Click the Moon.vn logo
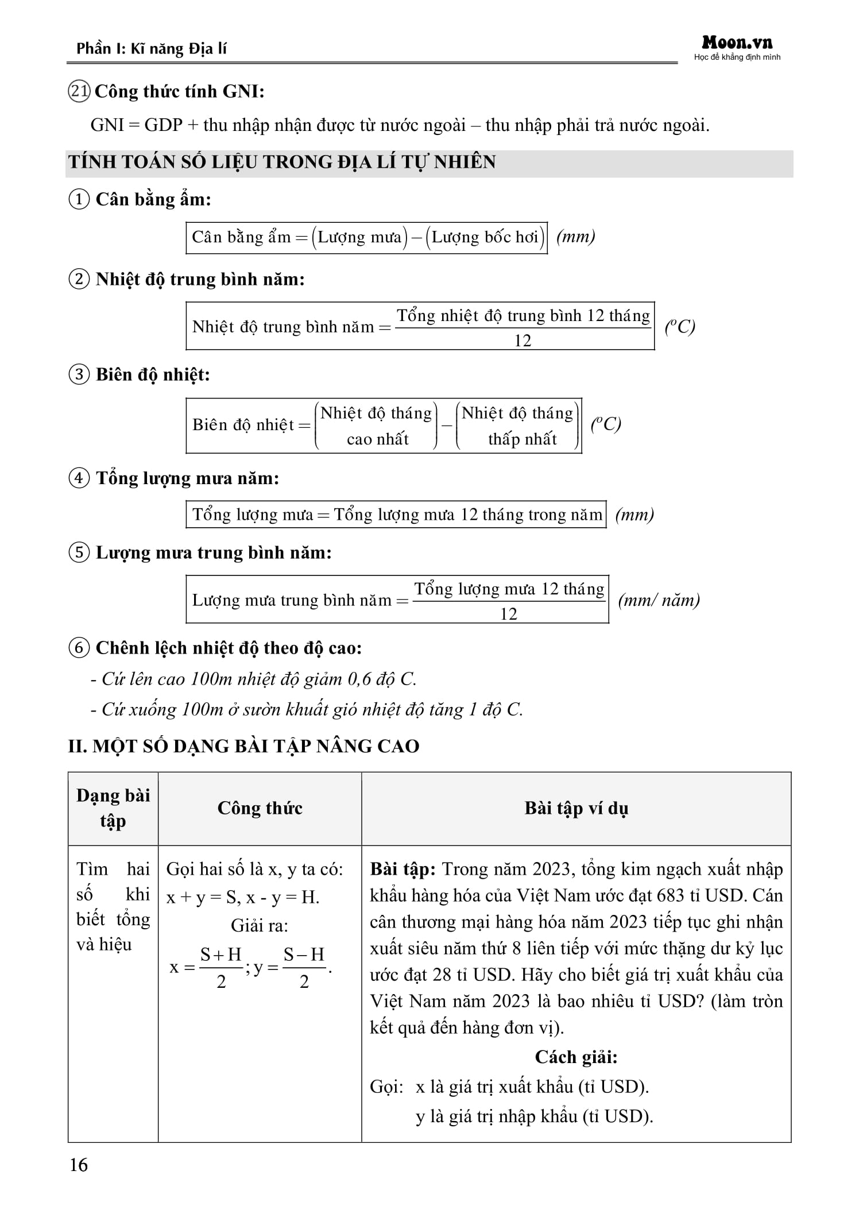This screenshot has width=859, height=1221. pos(737,43)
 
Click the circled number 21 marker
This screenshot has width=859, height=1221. pos(79,92)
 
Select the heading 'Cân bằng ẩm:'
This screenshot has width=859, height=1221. pos(153,199)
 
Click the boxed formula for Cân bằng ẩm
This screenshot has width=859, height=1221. pos(366,237)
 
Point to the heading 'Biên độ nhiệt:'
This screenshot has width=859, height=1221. pos(153,374)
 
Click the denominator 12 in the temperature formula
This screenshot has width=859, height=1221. pos(523,341)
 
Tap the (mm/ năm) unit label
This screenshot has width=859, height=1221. pos(659,600)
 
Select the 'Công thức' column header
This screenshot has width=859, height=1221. pos(260,808)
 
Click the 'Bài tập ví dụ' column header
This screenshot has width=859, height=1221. pos(576,808)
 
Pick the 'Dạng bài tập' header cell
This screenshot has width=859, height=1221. pos(113,808)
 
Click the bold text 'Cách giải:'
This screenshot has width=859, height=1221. pos(576,1057)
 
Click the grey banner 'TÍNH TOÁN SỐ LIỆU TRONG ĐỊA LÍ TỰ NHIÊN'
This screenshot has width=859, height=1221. pos(281,162)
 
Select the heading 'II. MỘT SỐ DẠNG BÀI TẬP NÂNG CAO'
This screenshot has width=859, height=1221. pos(243,746)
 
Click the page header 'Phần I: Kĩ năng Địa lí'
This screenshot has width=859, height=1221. pos(152,48)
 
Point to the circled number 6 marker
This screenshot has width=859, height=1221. pos(79,648)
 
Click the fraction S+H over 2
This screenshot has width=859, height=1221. pos(221,968)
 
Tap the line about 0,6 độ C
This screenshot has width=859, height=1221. pos(253,679)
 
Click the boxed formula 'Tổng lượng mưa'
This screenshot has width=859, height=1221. pos(396,515)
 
